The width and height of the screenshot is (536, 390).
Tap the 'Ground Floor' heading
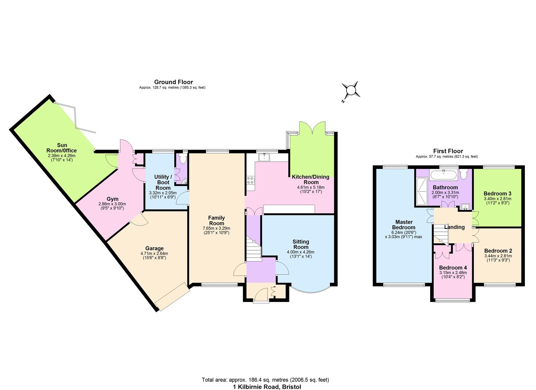tap(173, 82)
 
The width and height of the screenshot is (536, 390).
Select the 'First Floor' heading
tap(448, 151)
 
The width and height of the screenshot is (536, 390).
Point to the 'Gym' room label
tap(112, 199)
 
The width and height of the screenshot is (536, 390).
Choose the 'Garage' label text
tap(154, 248)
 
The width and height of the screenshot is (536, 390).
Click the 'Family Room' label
tap(216, 220)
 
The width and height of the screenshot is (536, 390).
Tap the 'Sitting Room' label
tap(301, 244)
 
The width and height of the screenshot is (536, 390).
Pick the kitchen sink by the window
tap(265, 157)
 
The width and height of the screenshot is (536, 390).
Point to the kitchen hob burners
tap(250, 180)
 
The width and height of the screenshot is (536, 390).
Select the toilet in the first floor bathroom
tap(464, 175)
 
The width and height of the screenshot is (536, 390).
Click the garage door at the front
tap(173, 296)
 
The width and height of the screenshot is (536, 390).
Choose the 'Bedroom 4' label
tap(453, 268)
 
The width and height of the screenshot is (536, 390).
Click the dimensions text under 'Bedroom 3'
tap(497, 201)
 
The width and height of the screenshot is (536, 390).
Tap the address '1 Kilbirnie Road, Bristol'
tap(267, 387)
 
